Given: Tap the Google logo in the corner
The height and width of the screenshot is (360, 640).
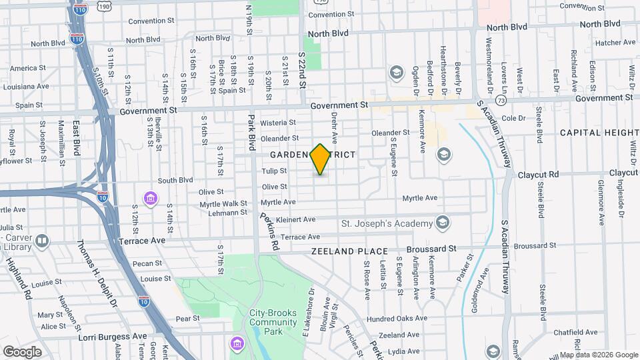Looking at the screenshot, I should (x=22, y=351).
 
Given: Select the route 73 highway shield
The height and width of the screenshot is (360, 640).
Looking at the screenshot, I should (x=501, y=99).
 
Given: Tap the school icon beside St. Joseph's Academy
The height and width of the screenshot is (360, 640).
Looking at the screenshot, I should (x=442, y=222).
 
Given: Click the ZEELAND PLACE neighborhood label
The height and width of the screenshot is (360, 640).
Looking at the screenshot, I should (x=349, y=251).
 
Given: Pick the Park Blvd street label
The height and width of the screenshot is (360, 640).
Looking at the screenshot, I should (x=252, y=133).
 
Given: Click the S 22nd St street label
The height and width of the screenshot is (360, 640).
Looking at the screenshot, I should (x=301, y=72).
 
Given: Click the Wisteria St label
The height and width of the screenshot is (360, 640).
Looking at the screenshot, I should (x=277, y=123).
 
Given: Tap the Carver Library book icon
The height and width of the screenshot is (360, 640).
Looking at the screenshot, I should (x=42, y=240).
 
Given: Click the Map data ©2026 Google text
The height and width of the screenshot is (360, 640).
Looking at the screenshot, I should (x=598, y=355).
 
